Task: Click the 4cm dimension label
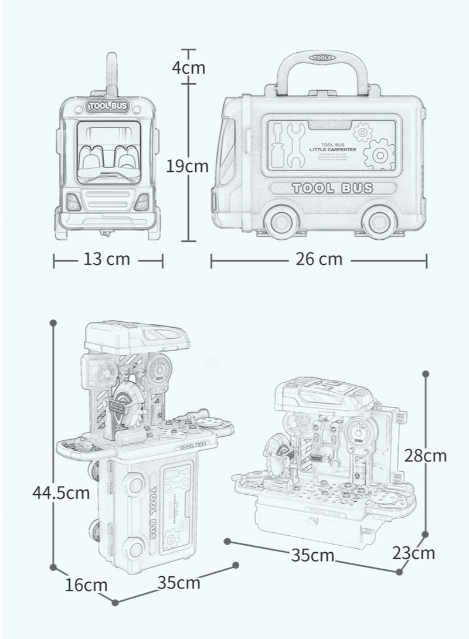point(188,67)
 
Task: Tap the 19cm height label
point(187,166)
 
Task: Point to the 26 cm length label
point(318,259)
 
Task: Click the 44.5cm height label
point(61,492)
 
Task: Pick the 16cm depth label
point(86,584)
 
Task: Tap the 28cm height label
point(426,455)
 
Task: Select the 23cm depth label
point(414,552)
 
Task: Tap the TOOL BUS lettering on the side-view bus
point(332,188)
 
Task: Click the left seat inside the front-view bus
point(91,158)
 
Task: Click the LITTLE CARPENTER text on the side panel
point(333,149)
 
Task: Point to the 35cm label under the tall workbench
point(178,583)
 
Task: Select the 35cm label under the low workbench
point(312,555)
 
